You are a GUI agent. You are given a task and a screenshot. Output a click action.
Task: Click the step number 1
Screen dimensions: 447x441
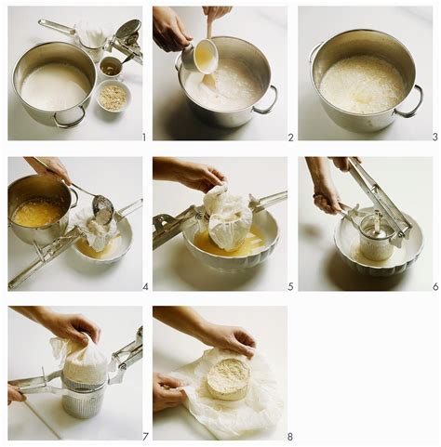pos(143,137)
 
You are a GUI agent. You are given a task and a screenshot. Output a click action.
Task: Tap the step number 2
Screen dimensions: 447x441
pos(289,137)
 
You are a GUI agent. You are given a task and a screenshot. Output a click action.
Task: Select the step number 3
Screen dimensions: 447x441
pos(434,137)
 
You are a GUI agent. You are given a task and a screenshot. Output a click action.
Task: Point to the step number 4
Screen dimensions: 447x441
pos(143,286)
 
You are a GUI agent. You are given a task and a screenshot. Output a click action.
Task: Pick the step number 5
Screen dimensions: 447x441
pos(289,286)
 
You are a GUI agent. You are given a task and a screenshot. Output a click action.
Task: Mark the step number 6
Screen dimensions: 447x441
pos(434,286)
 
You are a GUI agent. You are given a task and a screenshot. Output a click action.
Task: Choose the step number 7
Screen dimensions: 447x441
pos(143,437)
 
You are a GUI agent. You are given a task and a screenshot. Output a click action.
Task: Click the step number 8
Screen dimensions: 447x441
pos(289,437)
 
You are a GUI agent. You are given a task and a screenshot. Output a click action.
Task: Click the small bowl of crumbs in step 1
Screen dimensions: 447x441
pos(114,96)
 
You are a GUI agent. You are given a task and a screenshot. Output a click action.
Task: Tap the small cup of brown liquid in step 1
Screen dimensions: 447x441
pos(111,66)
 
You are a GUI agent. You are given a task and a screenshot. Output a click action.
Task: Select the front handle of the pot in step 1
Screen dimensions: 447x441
pos(68,118)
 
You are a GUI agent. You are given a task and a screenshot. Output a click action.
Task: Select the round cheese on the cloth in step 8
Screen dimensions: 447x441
pos(228,379)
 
